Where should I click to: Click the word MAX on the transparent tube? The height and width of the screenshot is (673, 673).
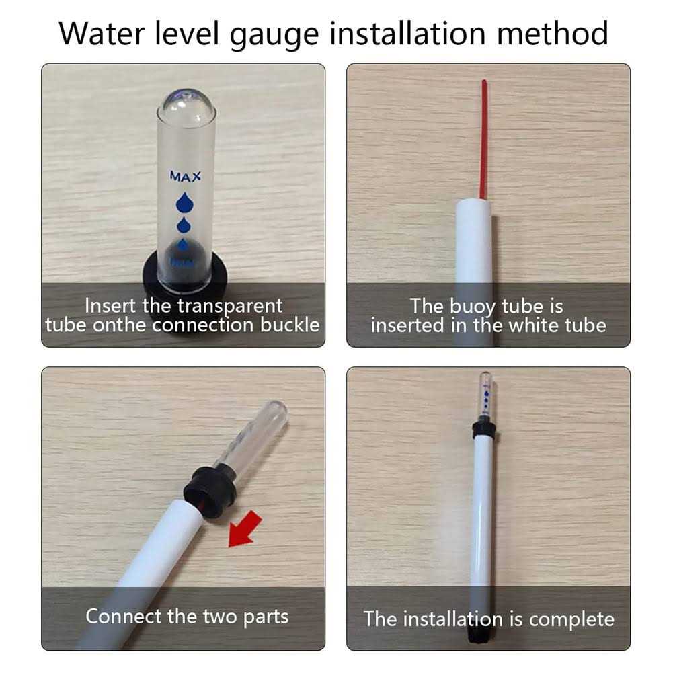click(185, 177)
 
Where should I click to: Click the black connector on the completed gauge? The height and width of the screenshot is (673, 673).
click(483, 429)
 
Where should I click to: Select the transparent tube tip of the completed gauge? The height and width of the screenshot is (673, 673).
click(485, 394)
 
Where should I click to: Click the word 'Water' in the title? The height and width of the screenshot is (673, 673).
click(106, 33)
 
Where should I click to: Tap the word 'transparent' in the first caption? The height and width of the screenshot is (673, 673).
click(230, 305)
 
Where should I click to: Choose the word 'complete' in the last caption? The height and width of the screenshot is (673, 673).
click(571, 619)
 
